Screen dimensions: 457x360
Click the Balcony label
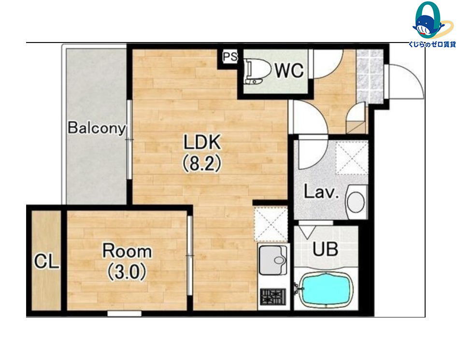[97, 128]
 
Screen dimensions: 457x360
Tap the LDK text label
[202, 142]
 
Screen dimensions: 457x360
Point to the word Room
[127, 251]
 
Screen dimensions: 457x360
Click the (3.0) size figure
[127, 272]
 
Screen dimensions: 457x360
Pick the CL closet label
[47, 261]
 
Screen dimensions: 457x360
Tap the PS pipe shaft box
[230, 57]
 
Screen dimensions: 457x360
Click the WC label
[289, 70]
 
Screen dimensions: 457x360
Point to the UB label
[325, 249]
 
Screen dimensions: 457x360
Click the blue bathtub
[326, 289]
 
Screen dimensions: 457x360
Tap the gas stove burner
[273, 296]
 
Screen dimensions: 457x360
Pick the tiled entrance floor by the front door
[370, 76]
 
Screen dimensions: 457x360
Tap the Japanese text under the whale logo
[432, 44]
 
